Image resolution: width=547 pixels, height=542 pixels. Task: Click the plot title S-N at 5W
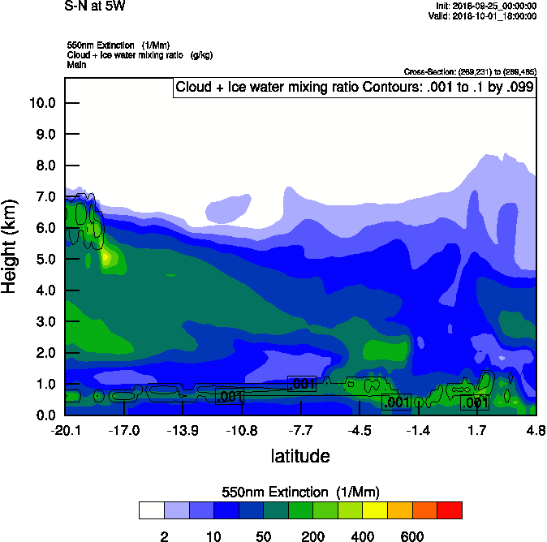(x=96, y=6)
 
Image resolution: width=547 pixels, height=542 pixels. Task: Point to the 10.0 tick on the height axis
(x=41, y=103)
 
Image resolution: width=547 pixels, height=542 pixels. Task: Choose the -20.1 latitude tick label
(x=65, y=430)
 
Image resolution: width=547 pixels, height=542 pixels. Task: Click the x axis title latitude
(x=300, y=456)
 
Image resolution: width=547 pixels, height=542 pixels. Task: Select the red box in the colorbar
(x=449, y=510)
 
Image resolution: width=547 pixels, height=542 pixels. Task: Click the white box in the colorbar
(x=152, y=510)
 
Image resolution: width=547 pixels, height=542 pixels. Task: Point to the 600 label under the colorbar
(x=412, y=536)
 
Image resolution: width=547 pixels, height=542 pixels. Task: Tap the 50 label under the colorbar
(x=263, y=536)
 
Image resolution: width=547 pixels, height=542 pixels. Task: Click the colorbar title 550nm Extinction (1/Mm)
(x=300, y=493)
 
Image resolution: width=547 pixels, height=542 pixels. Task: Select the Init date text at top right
(x=486, y=6)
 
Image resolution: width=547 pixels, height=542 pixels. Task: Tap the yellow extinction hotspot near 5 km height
(x=106, y=259)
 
